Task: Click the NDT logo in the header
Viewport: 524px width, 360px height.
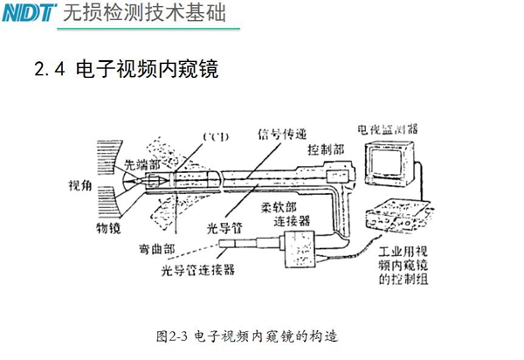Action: (x=30, y=13)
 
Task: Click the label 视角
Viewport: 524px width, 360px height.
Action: (x=79, y=186)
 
